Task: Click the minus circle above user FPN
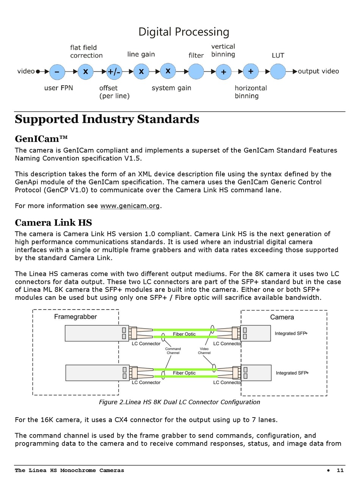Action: [x=57, y=72]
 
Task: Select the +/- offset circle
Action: [x=114, y=72]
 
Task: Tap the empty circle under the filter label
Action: [x=196, y=71]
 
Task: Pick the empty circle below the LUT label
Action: [x=277, y=71]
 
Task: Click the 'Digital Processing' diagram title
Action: [x=183, y=32]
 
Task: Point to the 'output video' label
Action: [x=318, y=71]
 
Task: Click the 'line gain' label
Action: [x=141, y=55]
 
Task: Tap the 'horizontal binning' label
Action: [x=250, y=92]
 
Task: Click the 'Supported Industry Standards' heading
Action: [x=107, y=119]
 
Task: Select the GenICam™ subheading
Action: [x=41, y=139]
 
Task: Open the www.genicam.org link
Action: [x=130, y=206]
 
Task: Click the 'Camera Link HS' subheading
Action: [x=53, y=222]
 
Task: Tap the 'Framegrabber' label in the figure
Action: [x=75, y=316]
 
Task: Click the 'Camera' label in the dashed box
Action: [x=282, y=317]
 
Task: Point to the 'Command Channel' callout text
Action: [x=173, y=351]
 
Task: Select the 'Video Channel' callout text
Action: [x=204, y=351]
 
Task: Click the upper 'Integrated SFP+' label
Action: [x=291, y=334]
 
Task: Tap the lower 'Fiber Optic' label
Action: [x=184, y=373]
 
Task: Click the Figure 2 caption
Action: [x=179, y=402]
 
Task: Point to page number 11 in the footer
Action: [x=340, y=470]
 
